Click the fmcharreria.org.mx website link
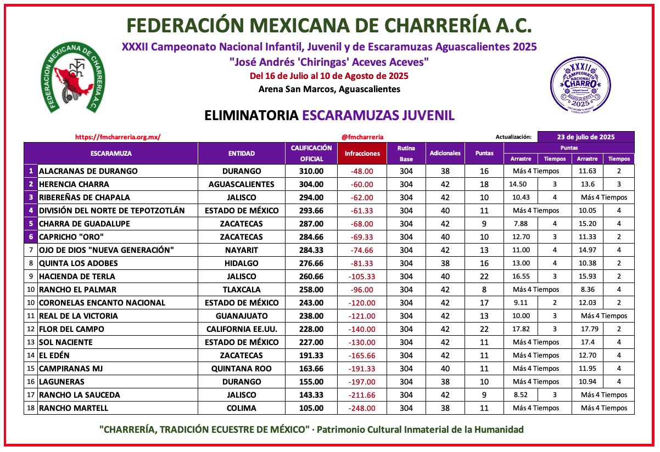click(118, 137)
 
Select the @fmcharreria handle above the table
click(362, 137)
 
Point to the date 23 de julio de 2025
click(586, 137)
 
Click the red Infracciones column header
click(362, 154)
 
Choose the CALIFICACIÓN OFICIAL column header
click(311, 154)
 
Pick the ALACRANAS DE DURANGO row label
click(88, 171)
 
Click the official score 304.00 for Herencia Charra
click(311, 184)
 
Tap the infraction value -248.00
click(362, 408)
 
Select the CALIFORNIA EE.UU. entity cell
click(242, 329)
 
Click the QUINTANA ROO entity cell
click(242, 369)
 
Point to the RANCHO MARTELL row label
click(74, 408)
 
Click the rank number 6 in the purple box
click(31, 237)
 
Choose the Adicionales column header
click(445, 154)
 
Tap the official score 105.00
click(311, 408)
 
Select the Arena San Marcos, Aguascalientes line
click(329, 89)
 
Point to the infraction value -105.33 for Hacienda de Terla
click(362, 276)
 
